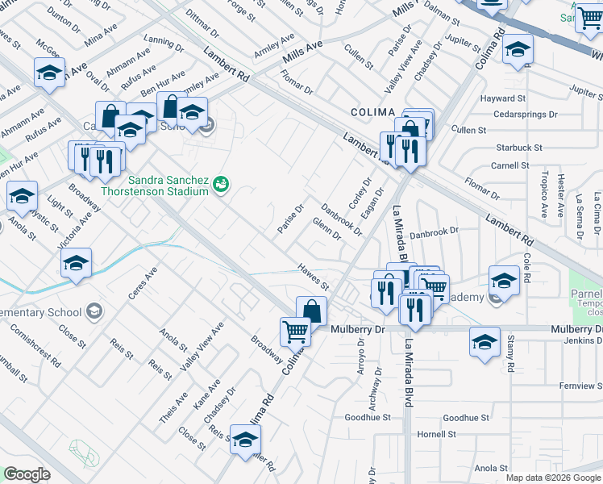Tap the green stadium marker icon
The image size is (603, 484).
pyautogui.click(x=220, y=186)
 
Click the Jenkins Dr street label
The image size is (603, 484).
pyautogui.click(x=580, y=342)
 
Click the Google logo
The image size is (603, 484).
pyautogui.click(x=27, y=474)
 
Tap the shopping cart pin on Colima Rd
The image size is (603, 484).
pyautogui.click(x=295, y=332)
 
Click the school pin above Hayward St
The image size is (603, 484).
pyautogui.click(x=517, y=49)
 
